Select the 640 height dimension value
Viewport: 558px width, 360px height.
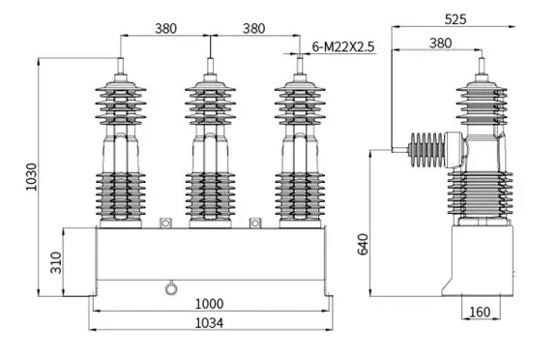[x=363, y=244]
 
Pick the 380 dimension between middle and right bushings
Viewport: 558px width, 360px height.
[x=253, y=28]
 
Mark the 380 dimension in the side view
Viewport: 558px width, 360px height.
[x=440, y=43]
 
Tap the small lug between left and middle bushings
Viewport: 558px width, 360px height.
[x=164, y=224]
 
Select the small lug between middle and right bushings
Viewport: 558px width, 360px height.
[x=255, y=224]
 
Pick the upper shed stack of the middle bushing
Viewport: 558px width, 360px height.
[x=210, y=105]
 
